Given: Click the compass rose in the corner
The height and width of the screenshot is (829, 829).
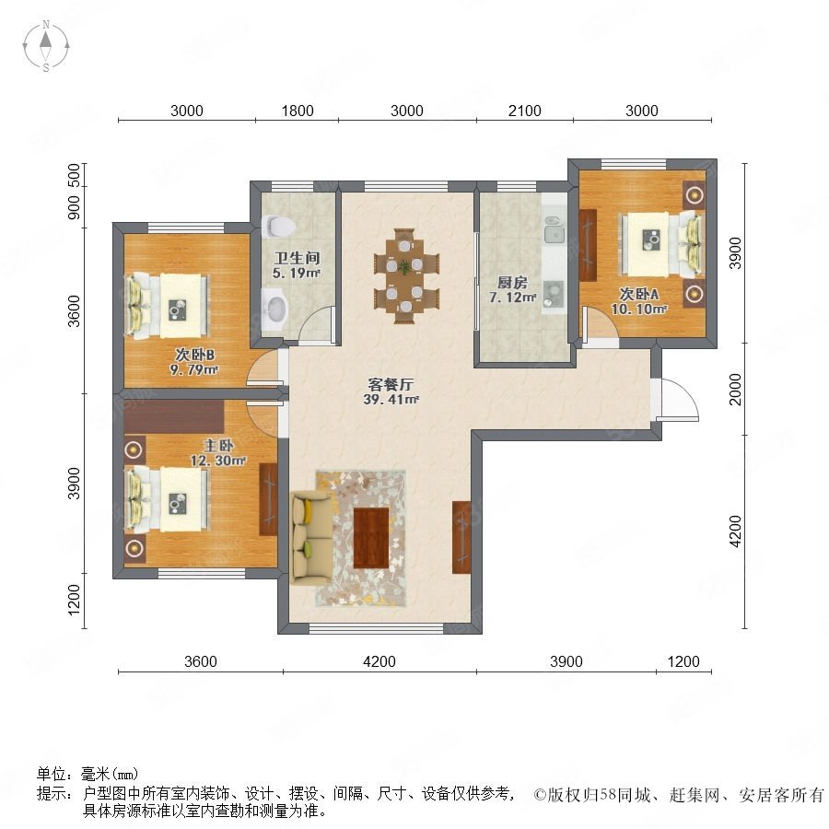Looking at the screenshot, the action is (x=46, y=46).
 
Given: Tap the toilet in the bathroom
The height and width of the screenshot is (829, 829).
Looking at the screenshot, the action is (x=278, y=226).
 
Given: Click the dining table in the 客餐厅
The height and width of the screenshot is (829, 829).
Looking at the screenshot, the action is (x=404, y=275).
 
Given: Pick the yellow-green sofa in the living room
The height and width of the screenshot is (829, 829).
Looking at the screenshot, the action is (x=311, y=538).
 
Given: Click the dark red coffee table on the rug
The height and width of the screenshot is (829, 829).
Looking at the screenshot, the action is (x=371, y=538).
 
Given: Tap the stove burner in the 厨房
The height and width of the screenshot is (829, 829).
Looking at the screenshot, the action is (x=554, y=294).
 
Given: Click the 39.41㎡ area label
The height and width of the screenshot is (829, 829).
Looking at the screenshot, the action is (x=391, y=400).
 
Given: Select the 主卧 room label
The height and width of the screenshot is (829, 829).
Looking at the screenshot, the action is (x=217, y=446).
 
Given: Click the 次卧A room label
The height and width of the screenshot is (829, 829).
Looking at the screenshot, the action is (x=638, y=294).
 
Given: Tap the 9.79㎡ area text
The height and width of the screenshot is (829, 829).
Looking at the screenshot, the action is (x=194, y=369).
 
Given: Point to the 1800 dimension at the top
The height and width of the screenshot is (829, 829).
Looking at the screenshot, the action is (x=298, y=111).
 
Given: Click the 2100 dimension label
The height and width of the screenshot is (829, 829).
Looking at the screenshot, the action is (x=524, y=111).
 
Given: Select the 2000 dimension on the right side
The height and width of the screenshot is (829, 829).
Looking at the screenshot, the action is (x=735, y=389).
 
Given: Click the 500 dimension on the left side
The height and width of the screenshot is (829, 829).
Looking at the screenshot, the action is (x=74, y=175).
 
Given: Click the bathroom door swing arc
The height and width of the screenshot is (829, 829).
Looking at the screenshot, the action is (x=317, y=324).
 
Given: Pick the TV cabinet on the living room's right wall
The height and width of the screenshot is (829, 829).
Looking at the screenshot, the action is (x=461, y=537).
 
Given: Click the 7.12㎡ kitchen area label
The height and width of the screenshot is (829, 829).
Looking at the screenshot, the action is (x=513, y=298).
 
